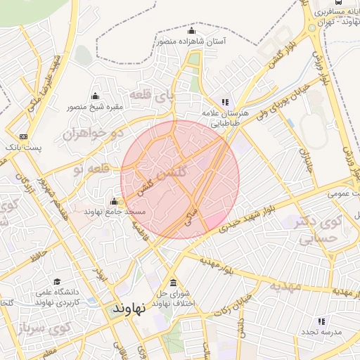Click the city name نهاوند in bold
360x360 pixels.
click(129, 308)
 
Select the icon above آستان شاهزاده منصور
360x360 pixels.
click(191, 31)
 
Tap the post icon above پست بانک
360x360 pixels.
click(24, 136)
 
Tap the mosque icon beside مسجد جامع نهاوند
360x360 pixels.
click(114, 202)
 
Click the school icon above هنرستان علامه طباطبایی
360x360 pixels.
click(225, 102)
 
